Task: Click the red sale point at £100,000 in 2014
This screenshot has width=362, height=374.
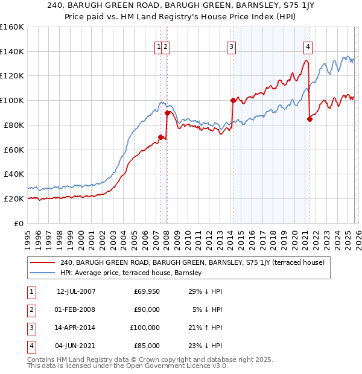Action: [232, 100]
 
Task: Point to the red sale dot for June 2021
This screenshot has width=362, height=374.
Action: [310, 119]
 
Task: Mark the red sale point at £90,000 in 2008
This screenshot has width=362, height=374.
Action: [167, 112]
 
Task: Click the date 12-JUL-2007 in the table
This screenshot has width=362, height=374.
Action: [76, 291]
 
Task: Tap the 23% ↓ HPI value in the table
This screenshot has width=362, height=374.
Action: [205, 346]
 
